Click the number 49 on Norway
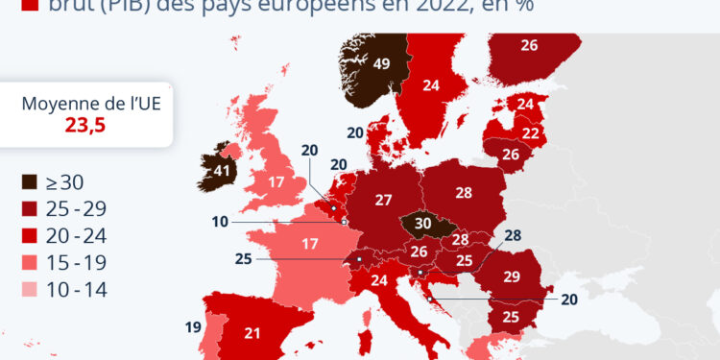click(x=381, y=64)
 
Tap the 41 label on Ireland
click(x=225, y=171)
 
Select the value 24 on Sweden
click(x=431, y=84)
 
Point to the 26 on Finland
click(x=529, y=44)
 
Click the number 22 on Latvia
click(x=530, y=132)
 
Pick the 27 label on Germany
click(x=384, y=200)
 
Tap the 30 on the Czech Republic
click(x=423, y=223)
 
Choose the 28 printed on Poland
click(x=464, y=193)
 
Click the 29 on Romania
click(x=512, y=276)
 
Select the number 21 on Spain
click(x=252, y=333)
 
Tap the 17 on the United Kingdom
click(x=276, y=181)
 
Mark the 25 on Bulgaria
click(x=512, y=318)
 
